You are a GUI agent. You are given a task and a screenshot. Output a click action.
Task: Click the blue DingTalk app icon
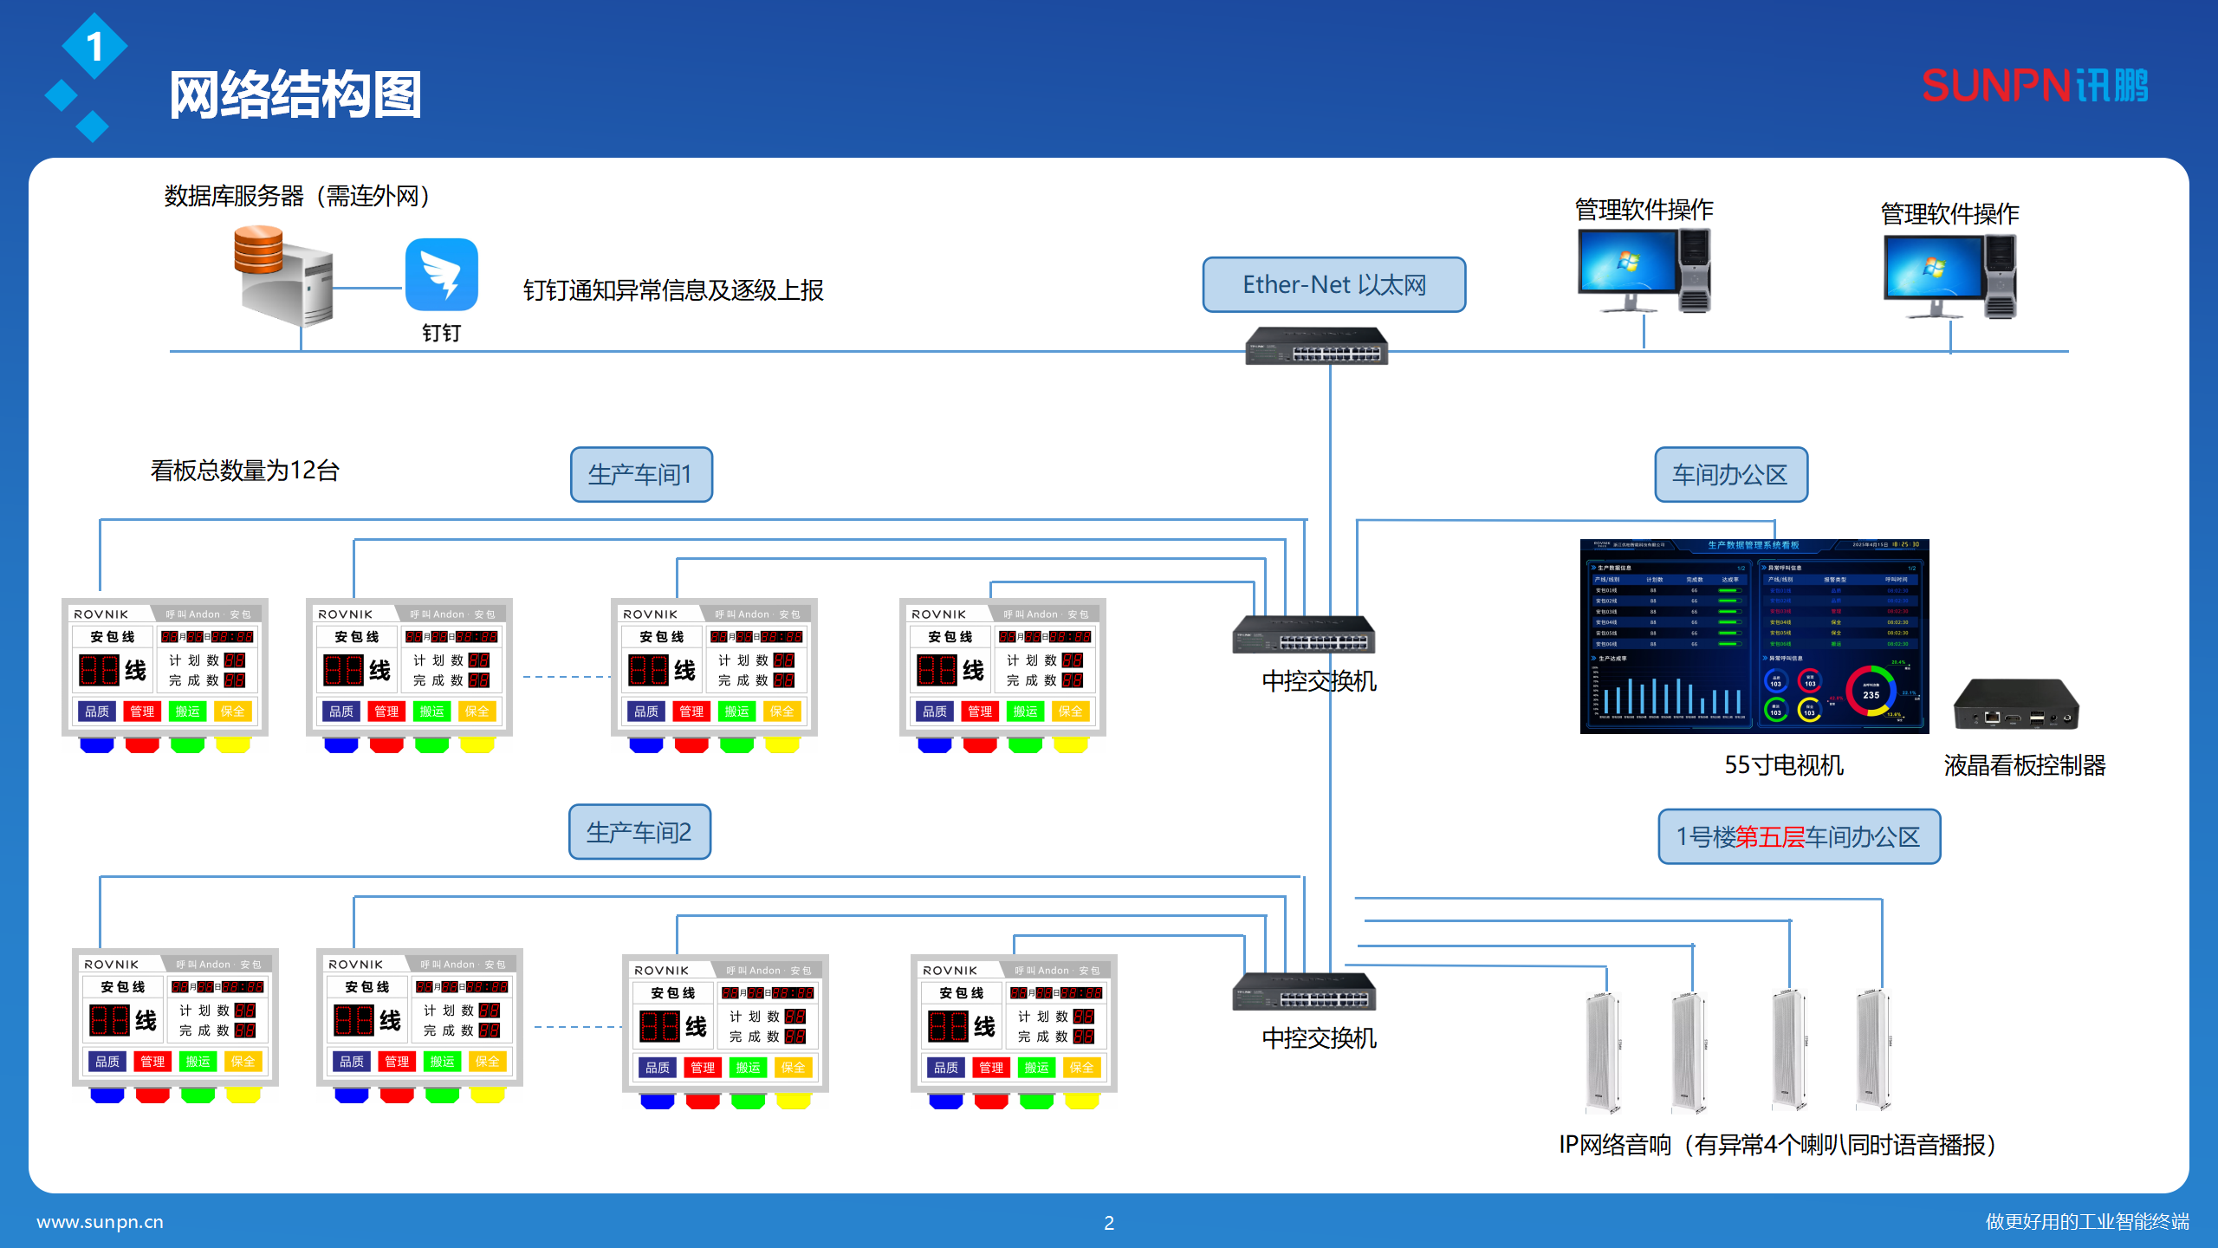pos(441,275)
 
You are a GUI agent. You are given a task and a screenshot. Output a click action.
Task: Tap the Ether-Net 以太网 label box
pos(1333,284)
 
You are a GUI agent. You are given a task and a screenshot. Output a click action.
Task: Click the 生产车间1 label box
pos(641,474)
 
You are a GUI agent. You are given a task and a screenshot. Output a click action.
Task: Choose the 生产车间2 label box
pos(639,832)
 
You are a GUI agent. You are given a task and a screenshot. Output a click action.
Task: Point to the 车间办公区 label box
pos(1730,474)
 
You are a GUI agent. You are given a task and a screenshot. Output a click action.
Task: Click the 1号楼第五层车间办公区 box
pos(1799,836)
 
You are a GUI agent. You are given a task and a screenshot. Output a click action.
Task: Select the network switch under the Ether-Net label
pos(1316,347)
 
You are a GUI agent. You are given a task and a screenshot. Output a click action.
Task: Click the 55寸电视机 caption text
pos(1783,765)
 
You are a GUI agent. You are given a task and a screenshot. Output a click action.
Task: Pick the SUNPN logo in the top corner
pos(2034,86)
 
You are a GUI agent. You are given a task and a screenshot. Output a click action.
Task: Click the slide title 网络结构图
pos(295,94)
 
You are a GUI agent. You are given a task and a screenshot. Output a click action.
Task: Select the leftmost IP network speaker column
pos(1602,1052)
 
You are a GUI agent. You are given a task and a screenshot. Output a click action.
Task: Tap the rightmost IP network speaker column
pos(1871,1049)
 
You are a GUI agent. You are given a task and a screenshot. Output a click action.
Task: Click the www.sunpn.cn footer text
pos(100,1222)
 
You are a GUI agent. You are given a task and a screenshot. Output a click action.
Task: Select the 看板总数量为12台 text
pos(244,471)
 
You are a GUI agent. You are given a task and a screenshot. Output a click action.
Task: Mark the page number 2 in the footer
pos(1109,1223)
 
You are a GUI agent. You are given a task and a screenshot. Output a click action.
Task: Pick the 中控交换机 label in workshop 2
pos(1319,1037)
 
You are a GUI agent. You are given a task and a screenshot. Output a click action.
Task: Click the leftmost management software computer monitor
pos(1627,264)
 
